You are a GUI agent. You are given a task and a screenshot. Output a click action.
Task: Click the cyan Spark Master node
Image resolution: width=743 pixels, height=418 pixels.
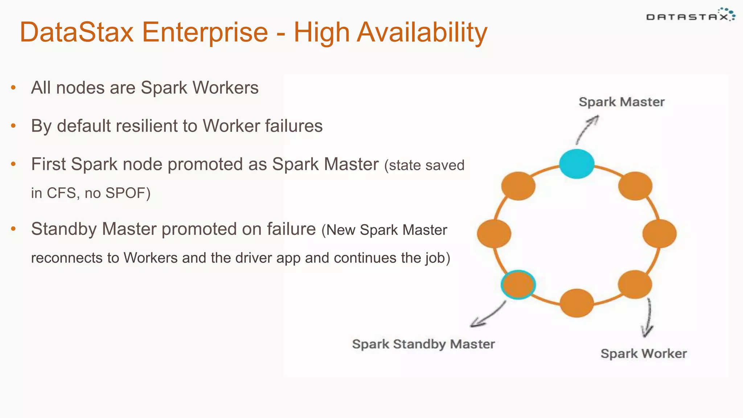coord(576,164)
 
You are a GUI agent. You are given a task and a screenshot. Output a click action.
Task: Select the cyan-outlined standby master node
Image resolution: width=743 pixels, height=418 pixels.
coord(518,284)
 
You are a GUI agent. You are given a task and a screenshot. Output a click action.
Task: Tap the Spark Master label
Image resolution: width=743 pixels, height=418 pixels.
coord(621,102)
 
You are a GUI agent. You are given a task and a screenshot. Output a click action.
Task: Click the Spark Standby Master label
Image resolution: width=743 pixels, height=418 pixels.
coord(423,344)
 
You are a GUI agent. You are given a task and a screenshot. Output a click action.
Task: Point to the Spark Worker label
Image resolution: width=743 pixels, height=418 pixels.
coord(644,353)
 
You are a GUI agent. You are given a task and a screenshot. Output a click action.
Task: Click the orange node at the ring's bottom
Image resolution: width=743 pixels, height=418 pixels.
coord(576,303)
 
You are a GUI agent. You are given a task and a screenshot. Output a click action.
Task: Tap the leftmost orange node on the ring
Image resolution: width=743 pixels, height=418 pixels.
coord(494,234)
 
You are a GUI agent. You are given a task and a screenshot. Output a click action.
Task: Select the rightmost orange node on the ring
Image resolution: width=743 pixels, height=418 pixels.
coord(659,234)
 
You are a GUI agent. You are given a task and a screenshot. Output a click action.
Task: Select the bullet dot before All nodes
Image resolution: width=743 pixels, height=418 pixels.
coord(13,87)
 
